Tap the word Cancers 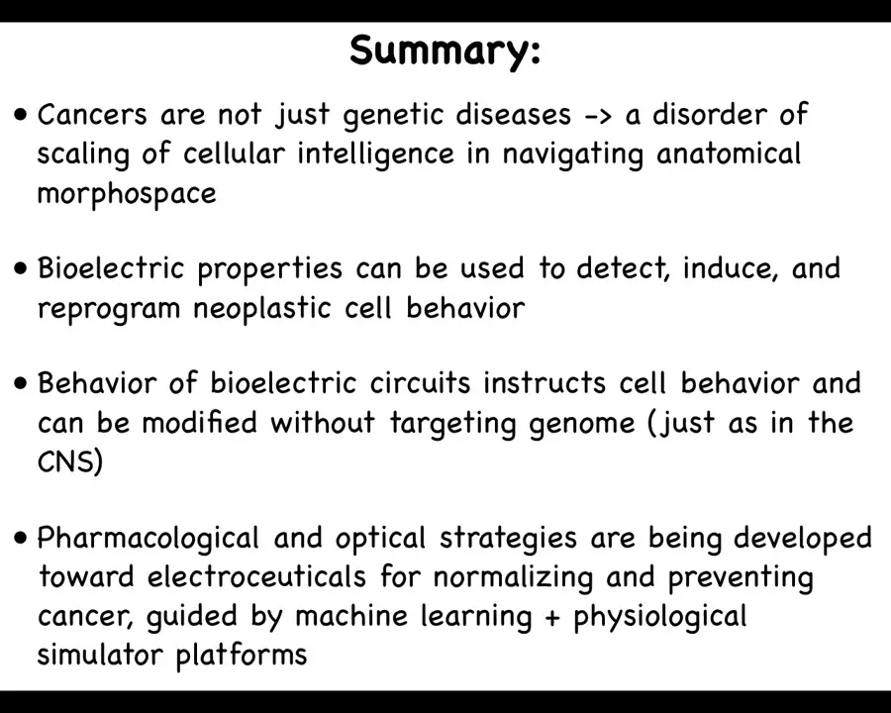pyautogui.click(x=92, y=114)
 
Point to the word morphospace pyautogui.click(x=127, y=194)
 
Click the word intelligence pyautogui.click(x=375, y=153)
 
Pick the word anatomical pyautogui.click(x=729, y=153)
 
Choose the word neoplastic pyautogui.click(x=263, y=309)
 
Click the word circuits pyautogui.click(x=420, y=382)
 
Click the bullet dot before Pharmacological pyautogui.click(x=21, y=538)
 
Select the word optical pyautogui.click(x=380, y=538)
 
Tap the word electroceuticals pyautogui.click(x=256, y=576)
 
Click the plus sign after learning pyautogui.click(x=551, y=618)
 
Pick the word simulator pyautogui.click(x=100, y=655)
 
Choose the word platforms pyautogui.click(x=241, y=656)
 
